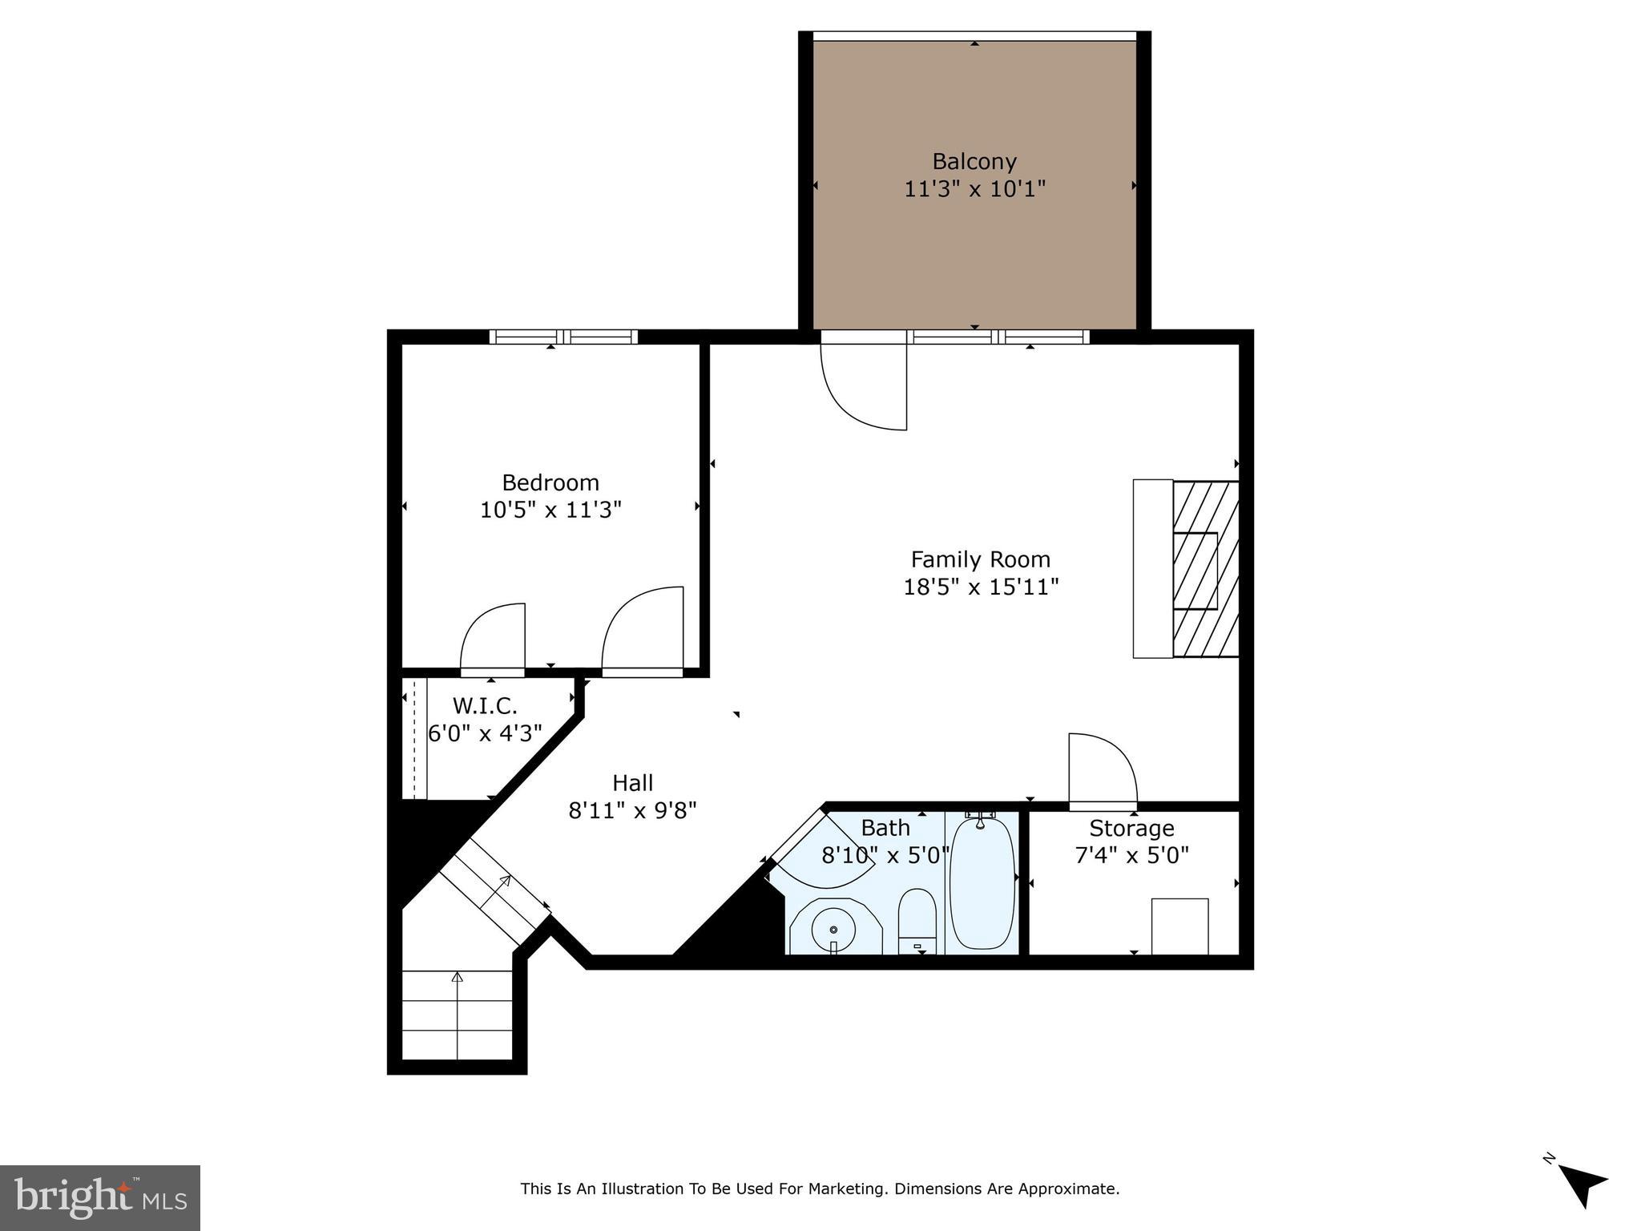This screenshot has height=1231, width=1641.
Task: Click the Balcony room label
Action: pyautogui.click(x=974, y=162)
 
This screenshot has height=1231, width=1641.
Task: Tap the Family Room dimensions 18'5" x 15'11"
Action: pyautogui.click(x=981, y=587)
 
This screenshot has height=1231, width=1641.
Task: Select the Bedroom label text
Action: pyautogui.click(x=550, y=482)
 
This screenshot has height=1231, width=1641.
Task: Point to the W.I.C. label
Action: pyautogui.click(x=485, y=706)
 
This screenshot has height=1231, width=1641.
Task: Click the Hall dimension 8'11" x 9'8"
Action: pyautogui.click(x=632, y=810)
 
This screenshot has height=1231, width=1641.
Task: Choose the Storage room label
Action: pyautogui.click(x=1131, y=828)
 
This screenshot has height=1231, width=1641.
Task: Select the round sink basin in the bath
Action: pyautogui.click(x=833, y=929)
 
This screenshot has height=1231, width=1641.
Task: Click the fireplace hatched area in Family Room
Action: pyautogui.click(x=1206, y=569)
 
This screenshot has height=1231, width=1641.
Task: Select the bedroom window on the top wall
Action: pyautogui.click(x=563, y=337)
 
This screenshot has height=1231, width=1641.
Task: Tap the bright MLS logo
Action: pyautogui.click(x=100, y=1198)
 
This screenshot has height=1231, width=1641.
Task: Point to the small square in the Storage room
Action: pyautogui.click(x=1179, y=926)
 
